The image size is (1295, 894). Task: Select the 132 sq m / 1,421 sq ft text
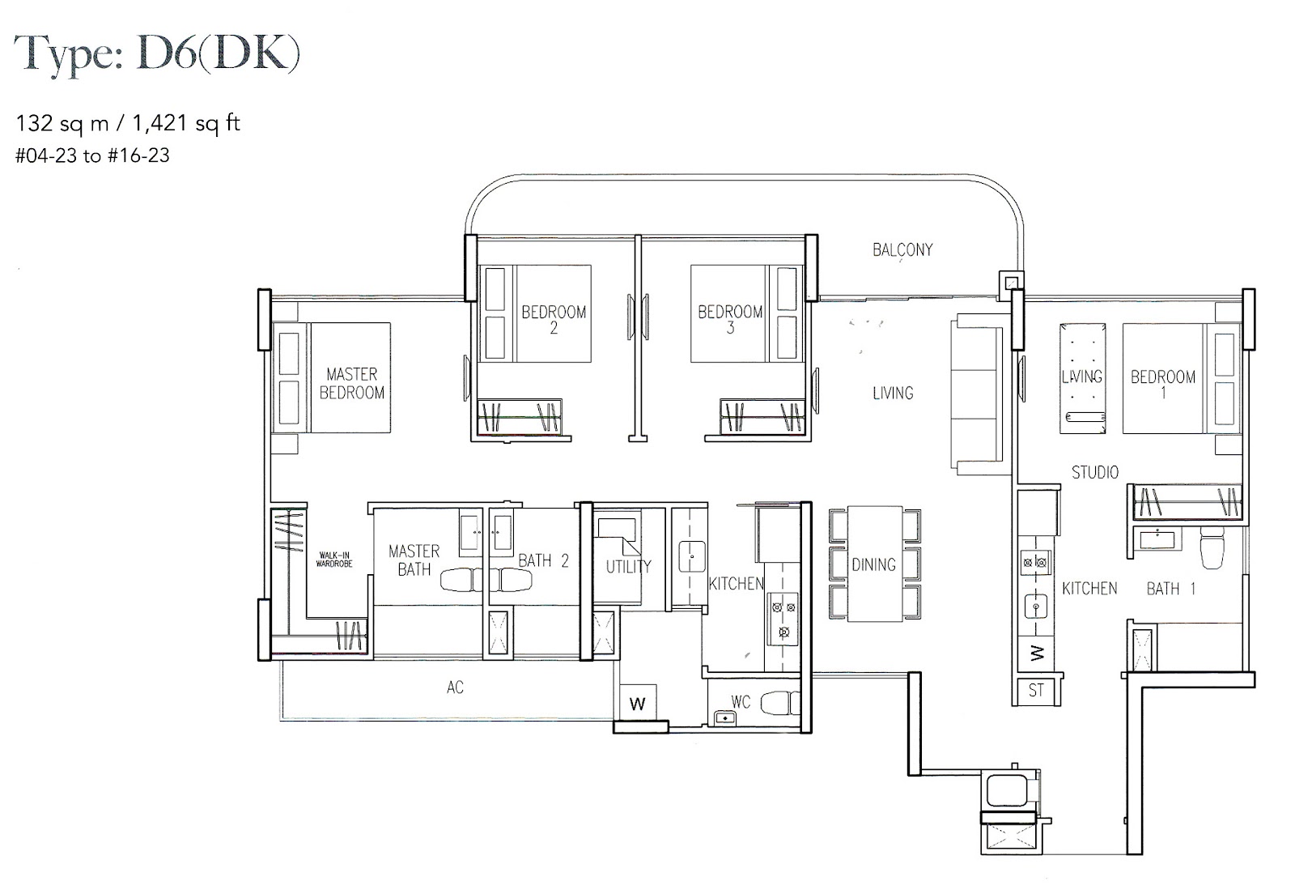pos(129,123)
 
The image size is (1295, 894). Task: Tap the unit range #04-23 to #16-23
pos(93,155)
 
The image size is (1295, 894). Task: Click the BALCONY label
pos(902,249)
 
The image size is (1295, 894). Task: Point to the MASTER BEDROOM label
pos(352,383)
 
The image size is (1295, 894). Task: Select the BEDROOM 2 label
pos(554,319)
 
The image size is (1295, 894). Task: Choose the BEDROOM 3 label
pos(730,319)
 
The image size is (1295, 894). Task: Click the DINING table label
pos(873,564)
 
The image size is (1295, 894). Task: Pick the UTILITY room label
pos(628,567)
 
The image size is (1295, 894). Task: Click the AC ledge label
pos(455,688)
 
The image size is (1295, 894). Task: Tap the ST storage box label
pos(1036,691)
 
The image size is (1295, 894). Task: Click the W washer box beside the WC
pos(638,703)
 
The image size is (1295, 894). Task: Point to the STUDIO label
pos(1095,472)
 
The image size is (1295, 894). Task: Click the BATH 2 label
pos(543,560)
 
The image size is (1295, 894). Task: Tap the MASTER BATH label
pos(414,560)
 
